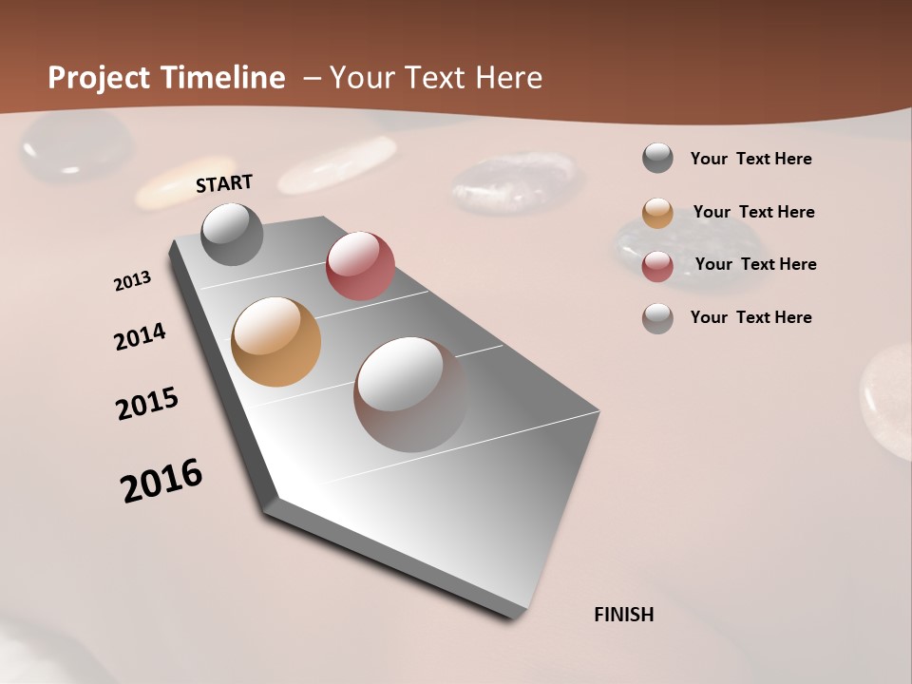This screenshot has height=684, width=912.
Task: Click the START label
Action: tap(224, 183)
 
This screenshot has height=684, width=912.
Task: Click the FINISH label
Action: tap(623, 615)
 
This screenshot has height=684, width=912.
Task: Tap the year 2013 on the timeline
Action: tap(132, 281)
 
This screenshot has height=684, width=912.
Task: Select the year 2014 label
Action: tap(140, 336)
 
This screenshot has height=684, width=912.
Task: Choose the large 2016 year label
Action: tap(161, 481)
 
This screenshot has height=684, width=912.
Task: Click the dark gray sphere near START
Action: tap(232, 235)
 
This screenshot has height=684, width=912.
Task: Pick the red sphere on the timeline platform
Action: tap(360, 266)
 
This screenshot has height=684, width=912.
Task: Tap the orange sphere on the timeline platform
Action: tap(275, 342)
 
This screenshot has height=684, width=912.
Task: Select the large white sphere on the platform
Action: tap(410, 393)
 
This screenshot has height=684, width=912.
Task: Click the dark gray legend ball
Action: tap(657, 158)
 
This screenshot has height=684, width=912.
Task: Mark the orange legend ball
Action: tap(657, 213)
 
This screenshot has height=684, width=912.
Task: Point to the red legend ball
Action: tap(657, 266)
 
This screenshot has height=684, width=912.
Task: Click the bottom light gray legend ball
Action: tap(657, 318)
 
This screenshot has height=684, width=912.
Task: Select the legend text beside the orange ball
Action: tap(753, 212)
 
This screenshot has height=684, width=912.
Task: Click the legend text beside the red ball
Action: tap(755, 264)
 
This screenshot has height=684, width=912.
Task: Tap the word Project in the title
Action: tap(100, 78)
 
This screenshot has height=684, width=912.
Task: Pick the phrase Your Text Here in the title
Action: tap(436, 78)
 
